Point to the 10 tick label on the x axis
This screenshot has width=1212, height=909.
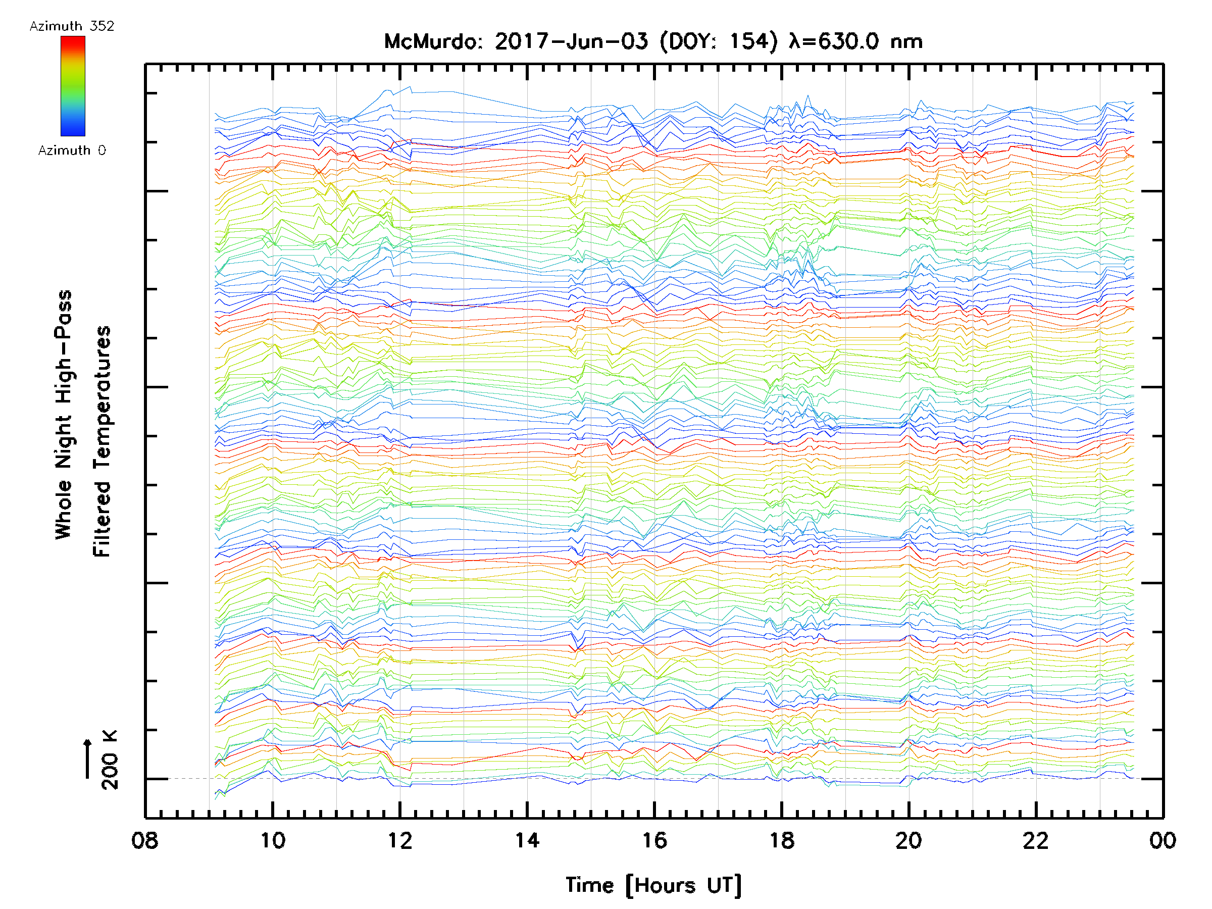point(272,840)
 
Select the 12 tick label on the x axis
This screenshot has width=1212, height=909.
point(399,840)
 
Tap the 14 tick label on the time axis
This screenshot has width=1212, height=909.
point(527,840)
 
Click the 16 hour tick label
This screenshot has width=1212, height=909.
point(654,840)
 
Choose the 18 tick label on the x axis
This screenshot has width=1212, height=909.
point(781,840)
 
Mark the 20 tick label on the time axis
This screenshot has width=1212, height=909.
point(908,840)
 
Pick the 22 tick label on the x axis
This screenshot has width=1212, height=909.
point(1036,840)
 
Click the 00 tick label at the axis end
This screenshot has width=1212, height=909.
point(1162,840)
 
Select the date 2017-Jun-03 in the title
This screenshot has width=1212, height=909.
point(571,41)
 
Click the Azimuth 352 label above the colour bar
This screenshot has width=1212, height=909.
point(72,26)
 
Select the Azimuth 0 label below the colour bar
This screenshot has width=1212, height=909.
point(72,150)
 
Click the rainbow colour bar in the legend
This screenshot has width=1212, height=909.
point(73,86)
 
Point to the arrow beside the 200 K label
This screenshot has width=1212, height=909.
point(87,759)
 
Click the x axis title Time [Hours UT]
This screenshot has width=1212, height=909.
point(653,885)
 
